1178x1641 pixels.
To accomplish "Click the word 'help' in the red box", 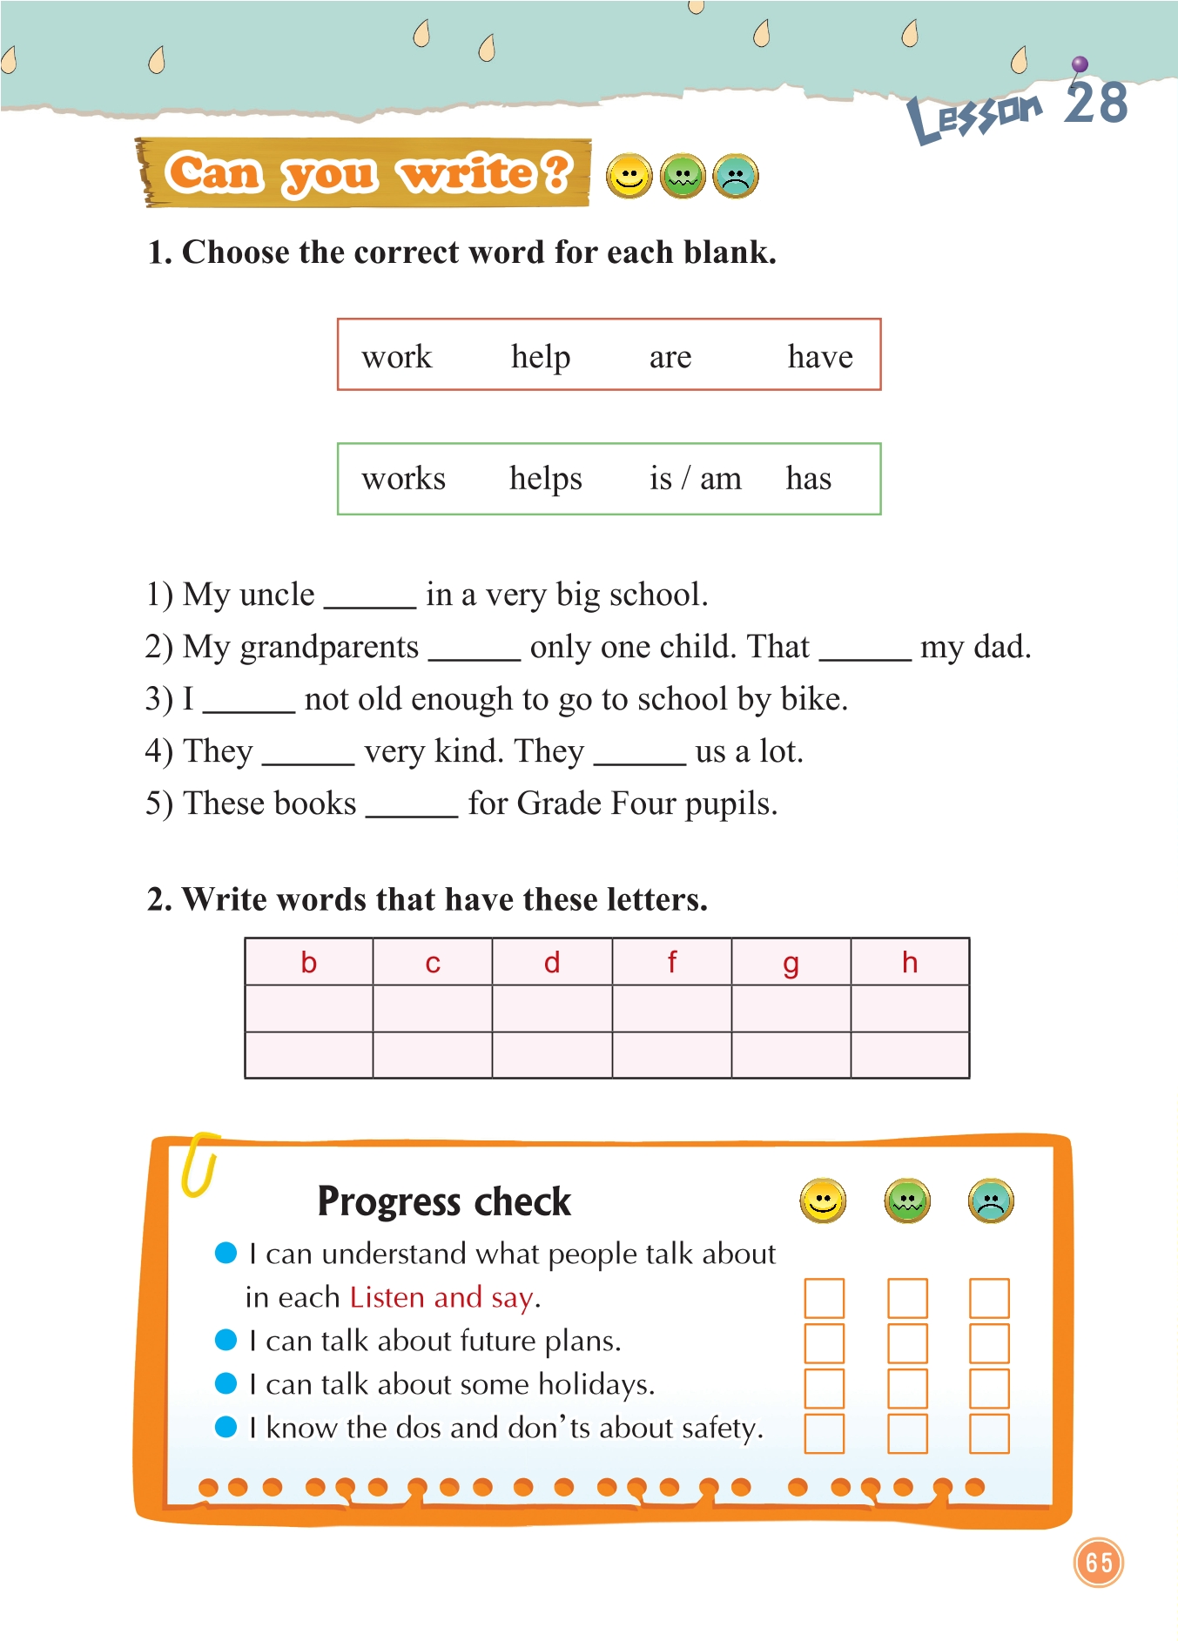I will click(541, 357).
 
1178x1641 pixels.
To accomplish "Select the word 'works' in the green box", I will click(403, 479).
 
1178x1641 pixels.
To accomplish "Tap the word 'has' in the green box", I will click(808, 479).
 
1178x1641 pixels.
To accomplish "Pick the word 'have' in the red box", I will click(820, 357).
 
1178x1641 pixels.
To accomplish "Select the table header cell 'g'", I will click(791, 963).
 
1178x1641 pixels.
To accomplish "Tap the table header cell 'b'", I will click(309, 963).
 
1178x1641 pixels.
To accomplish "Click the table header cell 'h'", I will click(910, 963).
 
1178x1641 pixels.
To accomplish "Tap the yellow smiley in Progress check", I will click(823, 1201).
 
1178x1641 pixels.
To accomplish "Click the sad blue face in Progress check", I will click(991, 1201).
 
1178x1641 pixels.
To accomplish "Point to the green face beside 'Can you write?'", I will click(683, 177).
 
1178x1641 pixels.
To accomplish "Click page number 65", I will click(1099, 1563).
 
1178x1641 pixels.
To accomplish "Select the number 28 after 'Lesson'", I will click(1096, 104).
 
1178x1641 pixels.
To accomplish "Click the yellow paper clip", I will click(199, 1164).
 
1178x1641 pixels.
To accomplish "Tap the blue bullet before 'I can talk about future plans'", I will click(226, 1340).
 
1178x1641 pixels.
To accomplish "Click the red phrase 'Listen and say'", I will click(441, 1298).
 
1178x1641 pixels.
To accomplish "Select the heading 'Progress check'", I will click(444, 1201).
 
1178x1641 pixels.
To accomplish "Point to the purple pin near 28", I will click(1080, 64).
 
